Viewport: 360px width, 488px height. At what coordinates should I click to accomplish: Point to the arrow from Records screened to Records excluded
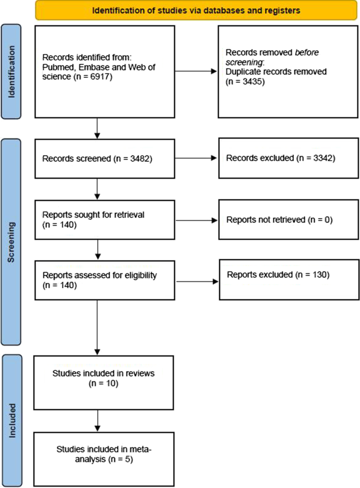[194, 158]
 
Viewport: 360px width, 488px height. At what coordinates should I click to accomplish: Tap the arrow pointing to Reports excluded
[194, 281]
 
